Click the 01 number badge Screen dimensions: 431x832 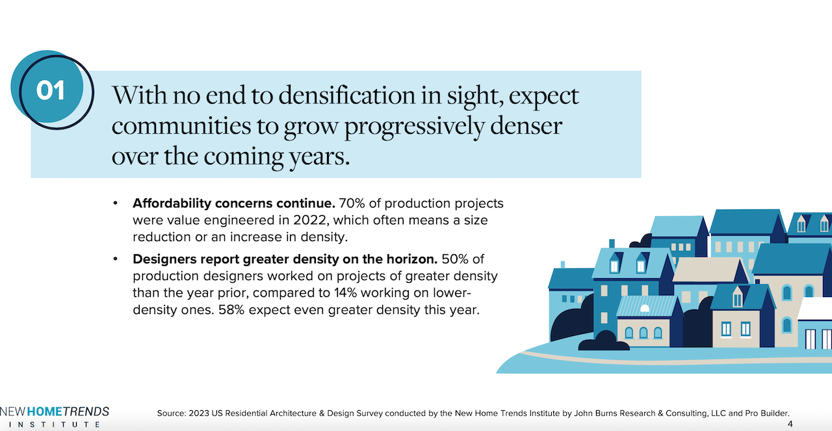(50, 91)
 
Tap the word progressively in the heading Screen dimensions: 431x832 (414, 125)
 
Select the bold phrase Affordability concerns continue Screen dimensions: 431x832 (234, 203)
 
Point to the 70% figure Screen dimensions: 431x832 (352, 203)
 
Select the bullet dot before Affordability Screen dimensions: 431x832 (116, 203)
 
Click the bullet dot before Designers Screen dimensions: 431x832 (116, 259)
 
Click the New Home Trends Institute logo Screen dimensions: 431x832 (55, 417)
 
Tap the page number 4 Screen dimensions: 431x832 (790, 424)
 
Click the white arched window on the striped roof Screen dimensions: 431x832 (645, 307)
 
